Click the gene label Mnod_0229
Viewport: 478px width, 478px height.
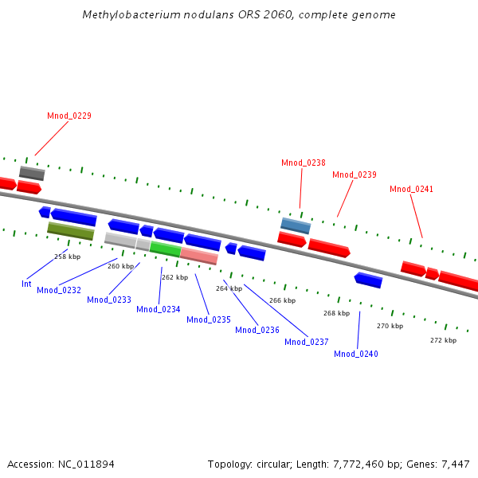click(x=69, y=116)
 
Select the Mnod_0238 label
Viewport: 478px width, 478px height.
click(x=303, y=163)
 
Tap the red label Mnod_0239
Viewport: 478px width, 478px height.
click(x=354, y=174)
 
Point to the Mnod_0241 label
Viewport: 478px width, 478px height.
click(x=411, y=189)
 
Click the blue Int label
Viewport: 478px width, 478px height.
click(x=26, y=284)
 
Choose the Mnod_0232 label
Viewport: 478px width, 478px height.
click(x=58, y=290)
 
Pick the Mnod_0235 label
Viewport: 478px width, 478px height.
click(x=208, y=319)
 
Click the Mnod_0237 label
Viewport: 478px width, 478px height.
click(x=306, y=342)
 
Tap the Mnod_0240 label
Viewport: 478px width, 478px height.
click(x=355, y=354)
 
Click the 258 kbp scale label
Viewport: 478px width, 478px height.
click(x=67, y=257)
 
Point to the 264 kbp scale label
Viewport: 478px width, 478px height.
click(x=229, y=288)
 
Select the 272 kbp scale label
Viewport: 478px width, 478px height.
click(x=443, y=340)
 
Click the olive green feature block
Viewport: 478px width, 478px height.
click(x=71, y=231)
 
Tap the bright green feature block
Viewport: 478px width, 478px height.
click(x=165, y=249)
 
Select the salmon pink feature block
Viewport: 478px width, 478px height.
click(x=198, y=256)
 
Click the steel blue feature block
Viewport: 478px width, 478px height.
click(x=295, y=225)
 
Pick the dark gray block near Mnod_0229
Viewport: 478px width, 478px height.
click(x=32, y=173)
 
